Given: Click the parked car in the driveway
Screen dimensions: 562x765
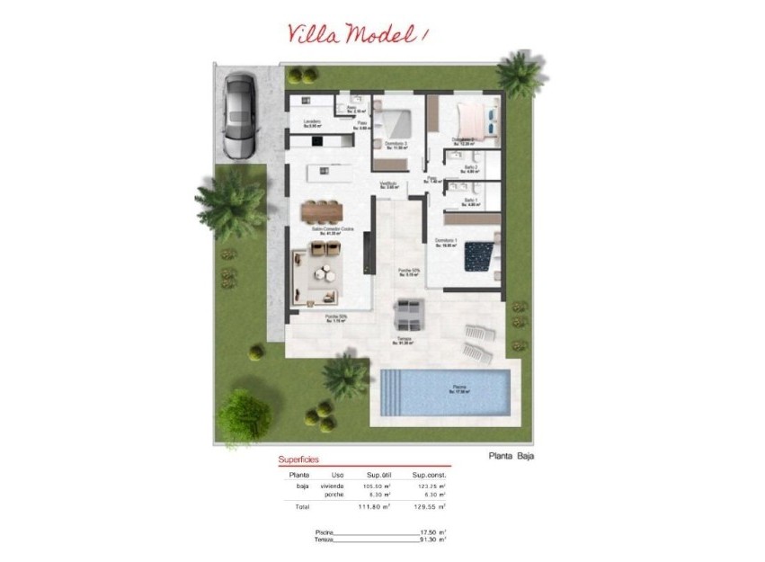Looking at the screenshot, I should (x=239, y=114).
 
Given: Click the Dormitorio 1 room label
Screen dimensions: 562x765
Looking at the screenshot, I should (x=447, y=241).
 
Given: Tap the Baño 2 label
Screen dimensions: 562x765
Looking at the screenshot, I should (x=470, y=168).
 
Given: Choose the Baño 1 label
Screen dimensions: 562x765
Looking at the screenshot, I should (x=470, y=201).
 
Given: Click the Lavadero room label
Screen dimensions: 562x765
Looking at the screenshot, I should (x=313, y=121).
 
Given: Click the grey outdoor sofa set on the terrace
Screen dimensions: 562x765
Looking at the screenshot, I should (x=409, y=316).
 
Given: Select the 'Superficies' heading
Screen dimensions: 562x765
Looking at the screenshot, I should (x=298, y=459).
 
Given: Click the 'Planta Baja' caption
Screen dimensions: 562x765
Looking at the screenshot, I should (x=511, y=456).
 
